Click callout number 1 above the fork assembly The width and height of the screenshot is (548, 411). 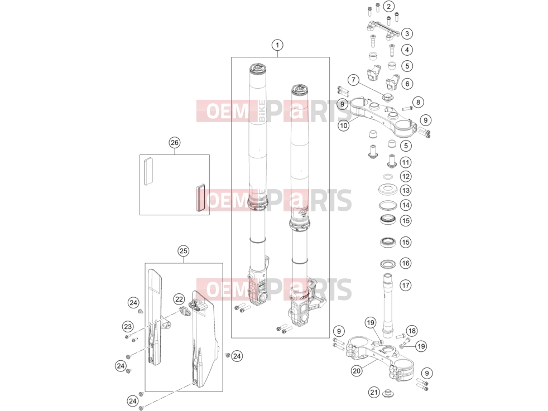(x=277, y=45)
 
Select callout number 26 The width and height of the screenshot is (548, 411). (x=175, y=142)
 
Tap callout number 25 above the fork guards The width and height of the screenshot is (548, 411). (x=183, y=251)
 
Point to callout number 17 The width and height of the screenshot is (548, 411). (x=405, y=286)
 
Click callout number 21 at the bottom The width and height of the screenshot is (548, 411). (x=374, y=392)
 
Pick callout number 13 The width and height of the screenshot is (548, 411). (x=405, y=190)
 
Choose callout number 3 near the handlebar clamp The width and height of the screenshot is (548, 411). (x=407, y=33)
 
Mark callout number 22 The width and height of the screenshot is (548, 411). (x=179, y=299)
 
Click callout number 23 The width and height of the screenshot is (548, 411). (x=128, y=326)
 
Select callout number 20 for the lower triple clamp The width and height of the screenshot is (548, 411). (x=357, y=371)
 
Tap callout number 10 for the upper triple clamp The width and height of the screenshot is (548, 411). (x=344, y=125)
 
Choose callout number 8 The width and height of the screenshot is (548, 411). (x=418, y=102)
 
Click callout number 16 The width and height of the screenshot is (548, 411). (x=405, y=263)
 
